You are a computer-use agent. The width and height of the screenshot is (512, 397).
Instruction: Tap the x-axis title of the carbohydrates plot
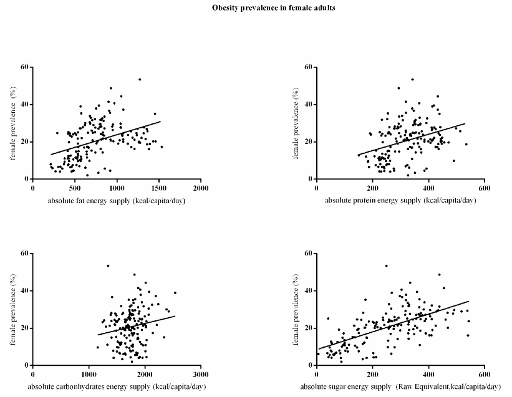[x=117, y=386]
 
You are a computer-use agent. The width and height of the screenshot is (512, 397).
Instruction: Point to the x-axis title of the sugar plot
[x=408, y=386]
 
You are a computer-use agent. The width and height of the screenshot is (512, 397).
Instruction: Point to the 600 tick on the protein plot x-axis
[x=484, y=188]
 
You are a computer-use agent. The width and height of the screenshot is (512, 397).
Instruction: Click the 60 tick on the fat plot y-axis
[x=24, y=67]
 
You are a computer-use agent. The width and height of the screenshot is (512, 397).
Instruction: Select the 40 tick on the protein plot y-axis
[x=307, y=104]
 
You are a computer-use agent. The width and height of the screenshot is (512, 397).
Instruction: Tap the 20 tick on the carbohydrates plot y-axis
[x=24, y=328]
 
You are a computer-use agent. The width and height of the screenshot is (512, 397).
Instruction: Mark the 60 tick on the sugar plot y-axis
[x=307, y=253]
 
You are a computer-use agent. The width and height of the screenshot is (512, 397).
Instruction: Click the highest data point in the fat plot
[x=140, y=79]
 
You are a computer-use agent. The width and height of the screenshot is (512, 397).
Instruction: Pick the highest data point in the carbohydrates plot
[x=108, y=265]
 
